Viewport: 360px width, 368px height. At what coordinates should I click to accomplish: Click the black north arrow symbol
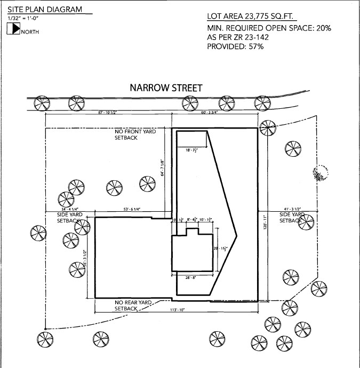click(13, 30)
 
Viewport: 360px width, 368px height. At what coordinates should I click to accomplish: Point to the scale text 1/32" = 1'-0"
click(23, 19)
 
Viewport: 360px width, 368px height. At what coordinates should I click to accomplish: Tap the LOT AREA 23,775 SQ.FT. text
click(250, 17)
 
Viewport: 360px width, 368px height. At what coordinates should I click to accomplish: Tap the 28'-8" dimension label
click(191, 278)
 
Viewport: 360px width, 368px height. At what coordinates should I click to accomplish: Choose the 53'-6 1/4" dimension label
click(130, 210)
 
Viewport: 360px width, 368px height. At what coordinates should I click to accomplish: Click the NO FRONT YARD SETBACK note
click(135, 134)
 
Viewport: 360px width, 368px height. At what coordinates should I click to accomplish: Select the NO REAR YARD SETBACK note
click(133, 305)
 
